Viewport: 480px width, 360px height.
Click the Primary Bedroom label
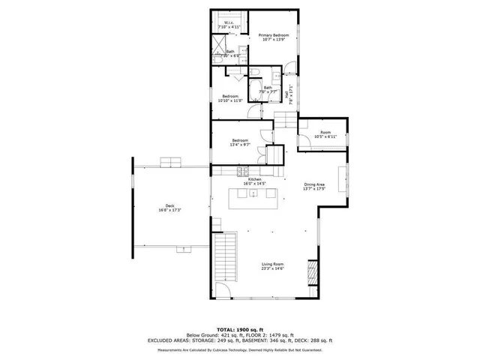tap(274, 37)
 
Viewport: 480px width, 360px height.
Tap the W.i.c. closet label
tap(229, 25)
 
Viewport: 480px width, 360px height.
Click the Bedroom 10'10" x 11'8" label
tap(229, 98)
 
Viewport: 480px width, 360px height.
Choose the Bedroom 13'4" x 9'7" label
tap(240, 142)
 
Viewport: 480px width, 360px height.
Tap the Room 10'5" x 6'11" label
tap(325, 134)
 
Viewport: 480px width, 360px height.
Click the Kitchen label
tap(255, 181)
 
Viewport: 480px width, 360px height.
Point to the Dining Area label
tap(314, 186)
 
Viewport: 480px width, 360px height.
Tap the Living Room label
tap(272, 265)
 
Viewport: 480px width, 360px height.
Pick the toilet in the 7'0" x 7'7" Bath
tap(253, 73)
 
